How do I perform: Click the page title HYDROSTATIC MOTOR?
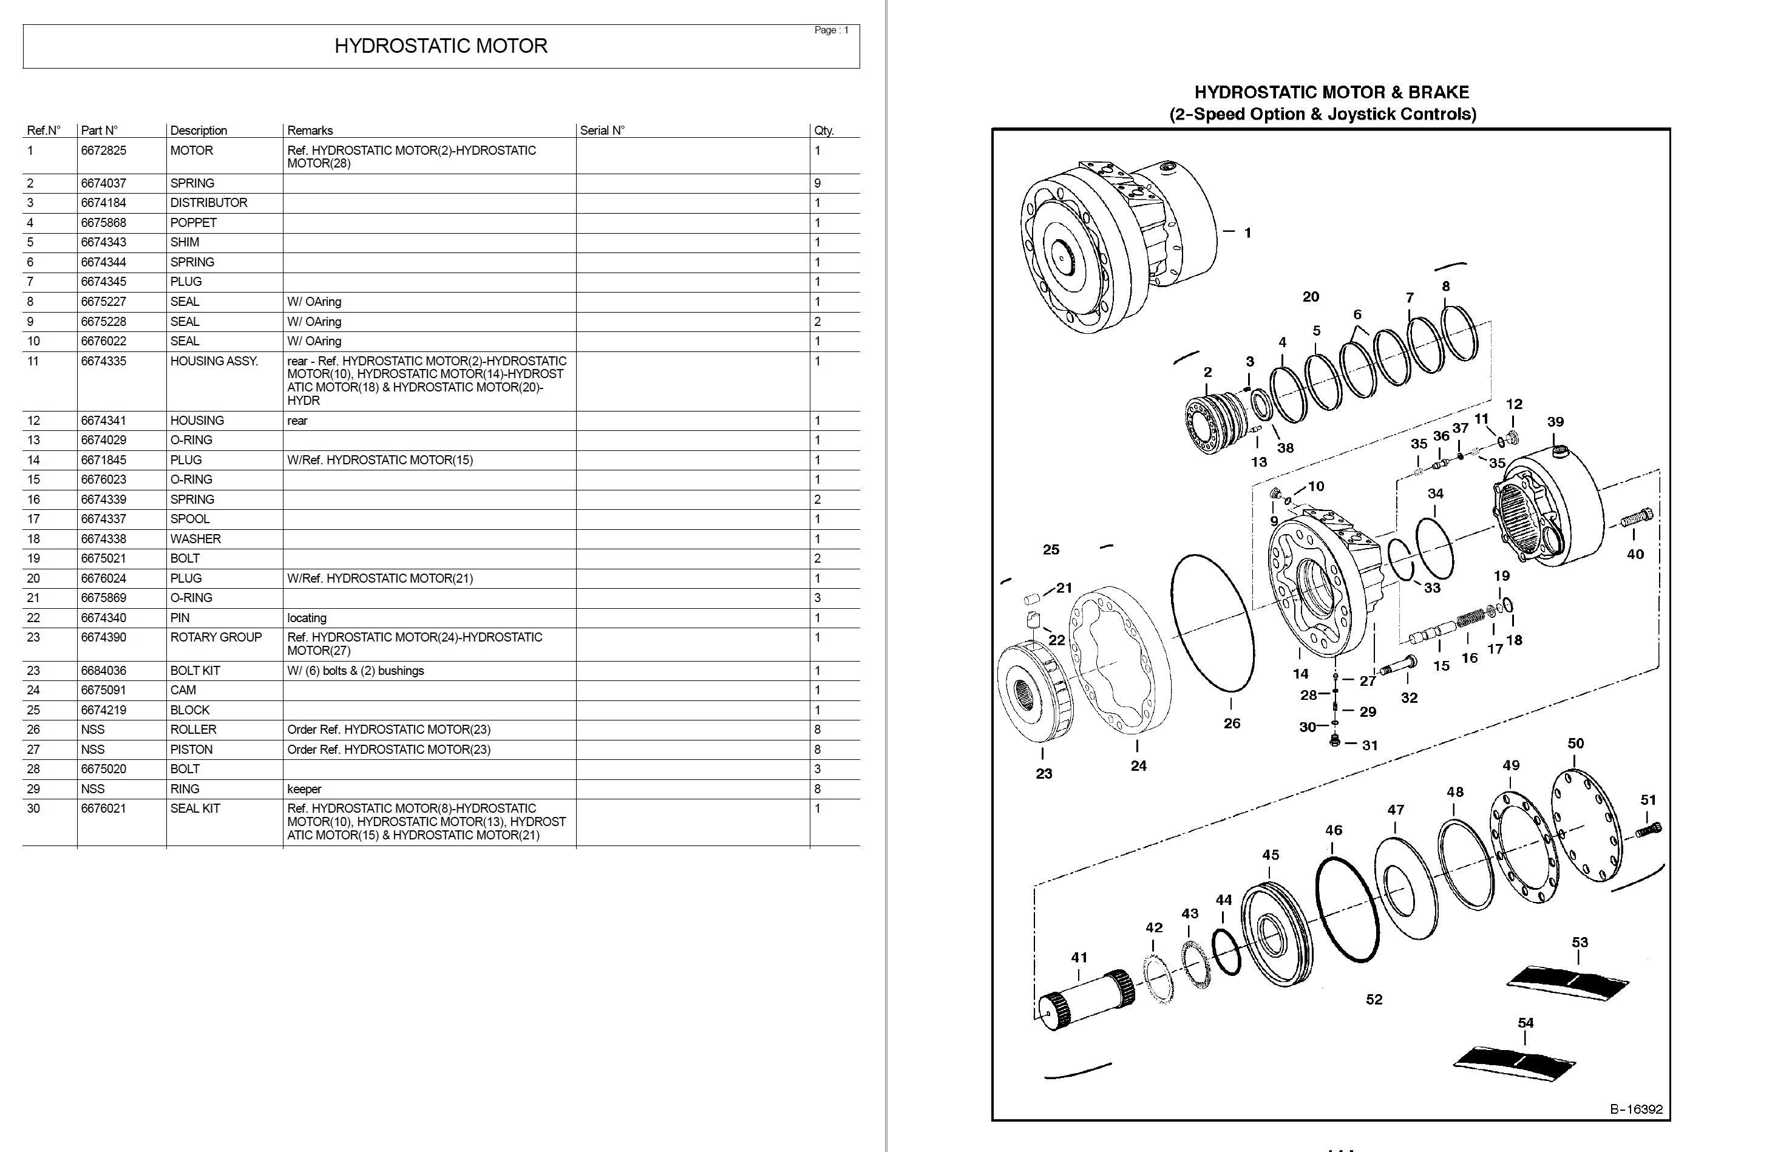coord(440,46)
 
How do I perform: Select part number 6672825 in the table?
coord(104,151)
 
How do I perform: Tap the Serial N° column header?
coord(602,130)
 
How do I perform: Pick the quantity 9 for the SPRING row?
coord(818,183)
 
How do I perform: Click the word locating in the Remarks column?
coord(307,618)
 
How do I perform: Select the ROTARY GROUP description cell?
coord(216,637)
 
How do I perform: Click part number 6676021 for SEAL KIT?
coord(104,808)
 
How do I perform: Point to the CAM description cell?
coord(183,691)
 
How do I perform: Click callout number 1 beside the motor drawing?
coord(1247,232)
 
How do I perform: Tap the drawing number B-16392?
coord(1635,1109)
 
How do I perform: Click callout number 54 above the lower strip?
coord(1525,1023)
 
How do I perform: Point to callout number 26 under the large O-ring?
coord(1231,723)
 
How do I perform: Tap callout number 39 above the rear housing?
coord(1555,422)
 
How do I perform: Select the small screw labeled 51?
coord(1649,829)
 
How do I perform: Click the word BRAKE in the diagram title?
coord(1438,92)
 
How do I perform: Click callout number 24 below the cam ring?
coord(1138,766)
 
